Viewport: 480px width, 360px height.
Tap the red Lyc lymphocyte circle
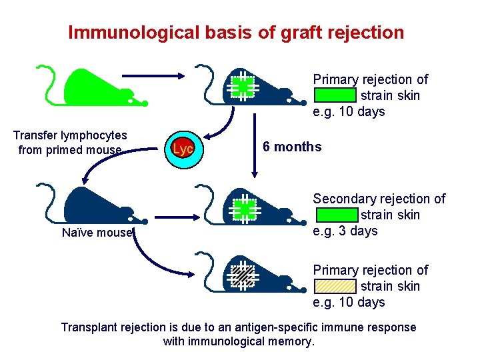[183, 149]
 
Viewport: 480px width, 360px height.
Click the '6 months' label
[292, 147]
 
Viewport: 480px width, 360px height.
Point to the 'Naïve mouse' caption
[97, 233]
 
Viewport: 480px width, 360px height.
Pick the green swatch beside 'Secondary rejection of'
[337, 215]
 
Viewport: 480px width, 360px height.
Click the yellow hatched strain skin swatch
[335, 286]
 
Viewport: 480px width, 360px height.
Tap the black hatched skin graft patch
[243, 276]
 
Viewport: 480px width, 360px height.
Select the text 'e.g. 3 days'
[345, 231]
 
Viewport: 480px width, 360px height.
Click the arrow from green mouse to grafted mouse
[153, 76]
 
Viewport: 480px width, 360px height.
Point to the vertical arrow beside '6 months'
[255, 145]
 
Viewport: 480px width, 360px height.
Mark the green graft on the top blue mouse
[243, 87]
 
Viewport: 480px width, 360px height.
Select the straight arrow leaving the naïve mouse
[177, 217]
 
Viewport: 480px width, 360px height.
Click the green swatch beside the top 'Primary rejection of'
[335, 95]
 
